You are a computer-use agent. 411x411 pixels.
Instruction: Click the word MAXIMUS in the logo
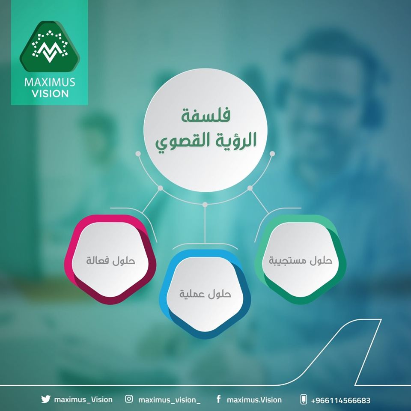click(x=50, y=82)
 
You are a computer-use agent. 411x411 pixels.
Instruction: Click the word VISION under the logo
click(x=50, y=94)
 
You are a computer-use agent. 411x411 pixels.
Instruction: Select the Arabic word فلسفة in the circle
click(x=206, y=115)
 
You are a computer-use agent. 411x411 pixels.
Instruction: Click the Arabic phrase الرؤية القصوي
click(x=206, y=141)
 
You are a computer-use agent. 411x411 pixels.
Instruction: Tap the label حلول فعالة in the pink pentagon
click(x=110, y=260)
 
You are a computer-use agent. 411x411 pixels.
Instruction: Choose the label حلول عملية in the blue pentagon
click(x=205, y=294)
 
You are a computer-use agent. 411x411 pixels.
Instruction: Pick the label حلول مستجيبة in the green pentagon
click(x=301, y=260)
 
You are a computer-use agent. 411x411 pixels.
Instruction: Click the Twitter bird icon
click(x=45, y=399)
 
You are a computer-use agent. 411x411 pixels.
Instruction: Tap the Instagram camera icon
click(x=129, y=399)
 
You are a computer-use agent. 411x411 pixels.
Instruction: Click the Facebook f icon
click(x=218, y=399)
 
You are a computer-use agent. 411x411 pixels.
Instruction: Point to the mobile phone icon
click(x=304, y=399)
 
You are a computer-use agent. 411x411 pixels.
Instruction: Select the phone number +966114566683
click(x=340, y=400)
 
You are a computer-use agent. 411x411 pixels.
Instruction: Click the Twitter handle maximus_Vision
click(x=83, y=399)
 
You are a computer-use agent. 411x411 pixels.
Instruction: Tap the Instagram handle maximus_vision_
click(x=170, y=400)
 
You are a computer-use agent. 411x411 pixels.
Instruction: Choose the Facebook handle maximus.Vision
click(x=254, y=400)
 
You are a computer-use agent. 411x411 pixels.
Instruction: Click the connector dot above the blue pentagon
click(x=205, y=205)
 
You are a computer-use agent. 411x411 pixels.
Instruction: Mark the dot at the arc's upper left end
click(x=138, y=154)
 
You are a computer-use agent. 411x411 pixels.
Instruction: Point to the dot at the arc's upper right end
click(x=272, y=154)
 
